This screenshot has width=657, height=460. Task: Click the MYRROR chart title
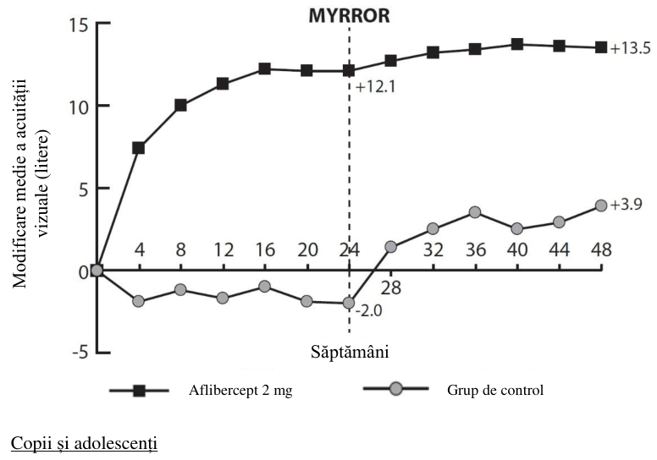(349, 16)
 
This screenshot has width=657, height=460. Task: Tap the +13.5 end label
(630, 48)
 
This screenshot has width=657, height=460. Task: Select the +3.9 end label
(626, 205)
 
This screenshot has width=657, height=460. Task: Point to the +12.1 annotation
(375, 87)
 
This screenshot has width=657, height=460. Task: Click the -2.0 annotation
(369, 311)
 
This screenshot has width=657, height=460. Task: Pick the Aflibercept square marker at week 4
(139, 148)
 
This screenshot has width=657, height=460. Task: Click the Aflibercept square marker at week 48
(601, 47)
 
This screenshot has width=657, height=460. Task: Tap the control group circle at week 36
(475, 212)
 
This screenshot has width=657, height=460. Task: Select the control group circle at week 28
(390, 247)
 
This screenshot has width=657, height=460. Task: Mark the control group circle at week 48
(601, 205)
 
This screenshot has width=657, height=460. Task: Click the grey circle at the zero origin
(97, 271)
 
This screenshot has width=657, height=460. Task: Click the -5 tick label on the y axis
(80, 353)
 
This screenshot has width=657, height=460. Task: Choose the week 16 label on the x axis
(265, 250)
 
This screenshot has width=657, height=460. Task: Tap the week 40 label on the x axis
(517, 250)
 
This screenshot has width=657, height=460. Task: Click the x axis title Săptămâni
(350, 352)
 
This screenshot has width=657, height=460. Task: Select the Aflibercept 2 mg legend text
(240, 390)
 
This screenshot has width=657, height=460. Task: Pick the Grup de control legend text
(495, 390)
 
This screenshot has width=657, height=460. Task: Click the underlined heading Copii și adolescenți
(84, 443)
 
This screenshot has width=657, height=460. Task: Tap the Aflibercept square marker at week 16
(264, 68)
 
